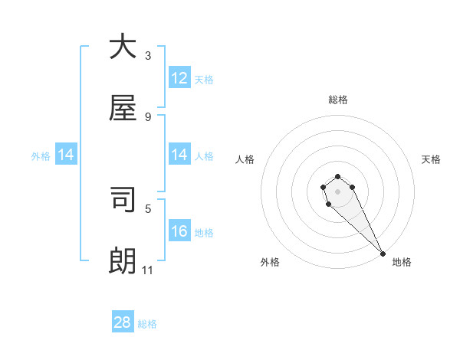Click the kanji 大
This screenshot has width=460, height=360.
123,47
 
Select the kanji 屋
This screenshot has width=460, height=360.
123,108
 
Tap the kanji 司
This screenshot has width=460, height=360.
123,201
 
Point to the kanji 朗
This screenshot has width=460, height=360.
123,261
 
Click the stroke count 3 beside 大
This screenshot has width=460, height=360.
148,55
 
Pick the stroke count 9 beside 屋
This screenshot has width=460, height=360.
148,116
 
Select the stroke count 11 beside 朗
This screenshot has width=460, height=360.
148,270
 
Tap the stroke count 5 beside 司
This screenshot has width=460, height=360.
148,208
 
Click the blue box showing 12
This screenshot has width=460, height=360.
179,78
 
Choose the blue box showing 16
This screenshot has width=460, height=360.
179,231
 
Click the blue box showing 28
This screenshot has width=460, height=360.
123,322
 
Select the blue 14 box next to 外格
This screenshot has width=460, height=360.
66,155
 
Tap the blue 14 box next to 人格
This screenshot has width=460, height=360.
179,155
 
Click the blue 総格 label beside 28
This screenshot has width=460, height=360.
147,324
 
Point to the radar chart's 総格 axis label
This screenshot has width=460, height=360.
338,100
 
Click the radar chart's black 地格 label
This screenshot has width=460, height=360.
402,262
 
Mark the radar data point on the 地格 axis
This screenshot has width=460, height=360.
383,254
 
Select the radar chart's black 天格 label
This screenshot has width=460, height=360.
431,159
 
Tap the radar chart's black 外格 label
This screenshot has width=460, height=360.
270,262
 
